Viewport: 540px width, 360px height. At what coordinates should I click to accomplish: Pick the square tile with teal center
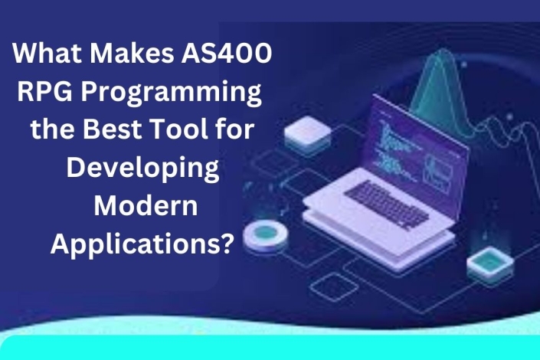tap(488, 262)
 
